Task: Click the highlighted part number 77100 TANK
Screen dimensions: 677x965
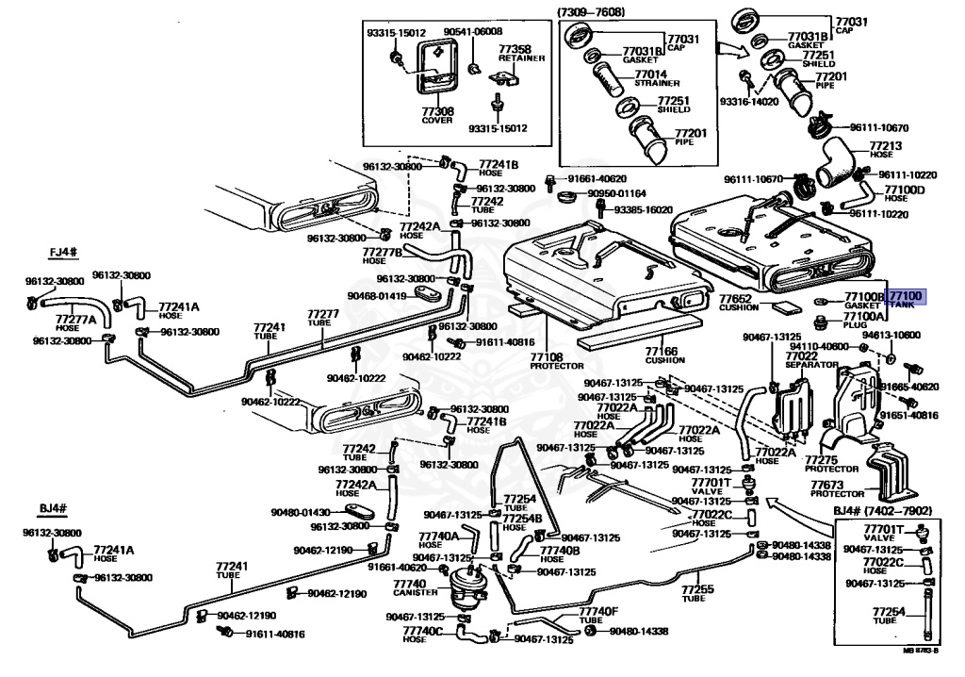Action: coord(908,300)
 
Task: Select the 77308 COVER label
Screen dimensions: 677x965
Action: coord(437,116)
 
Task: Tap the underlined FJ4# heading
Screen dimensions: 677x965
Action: coord(63,253)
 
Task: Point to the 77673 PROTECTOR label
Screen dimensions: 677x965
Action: coord(837,488)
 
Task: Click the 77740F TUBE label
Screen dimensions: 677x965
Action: coord(598,616)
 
